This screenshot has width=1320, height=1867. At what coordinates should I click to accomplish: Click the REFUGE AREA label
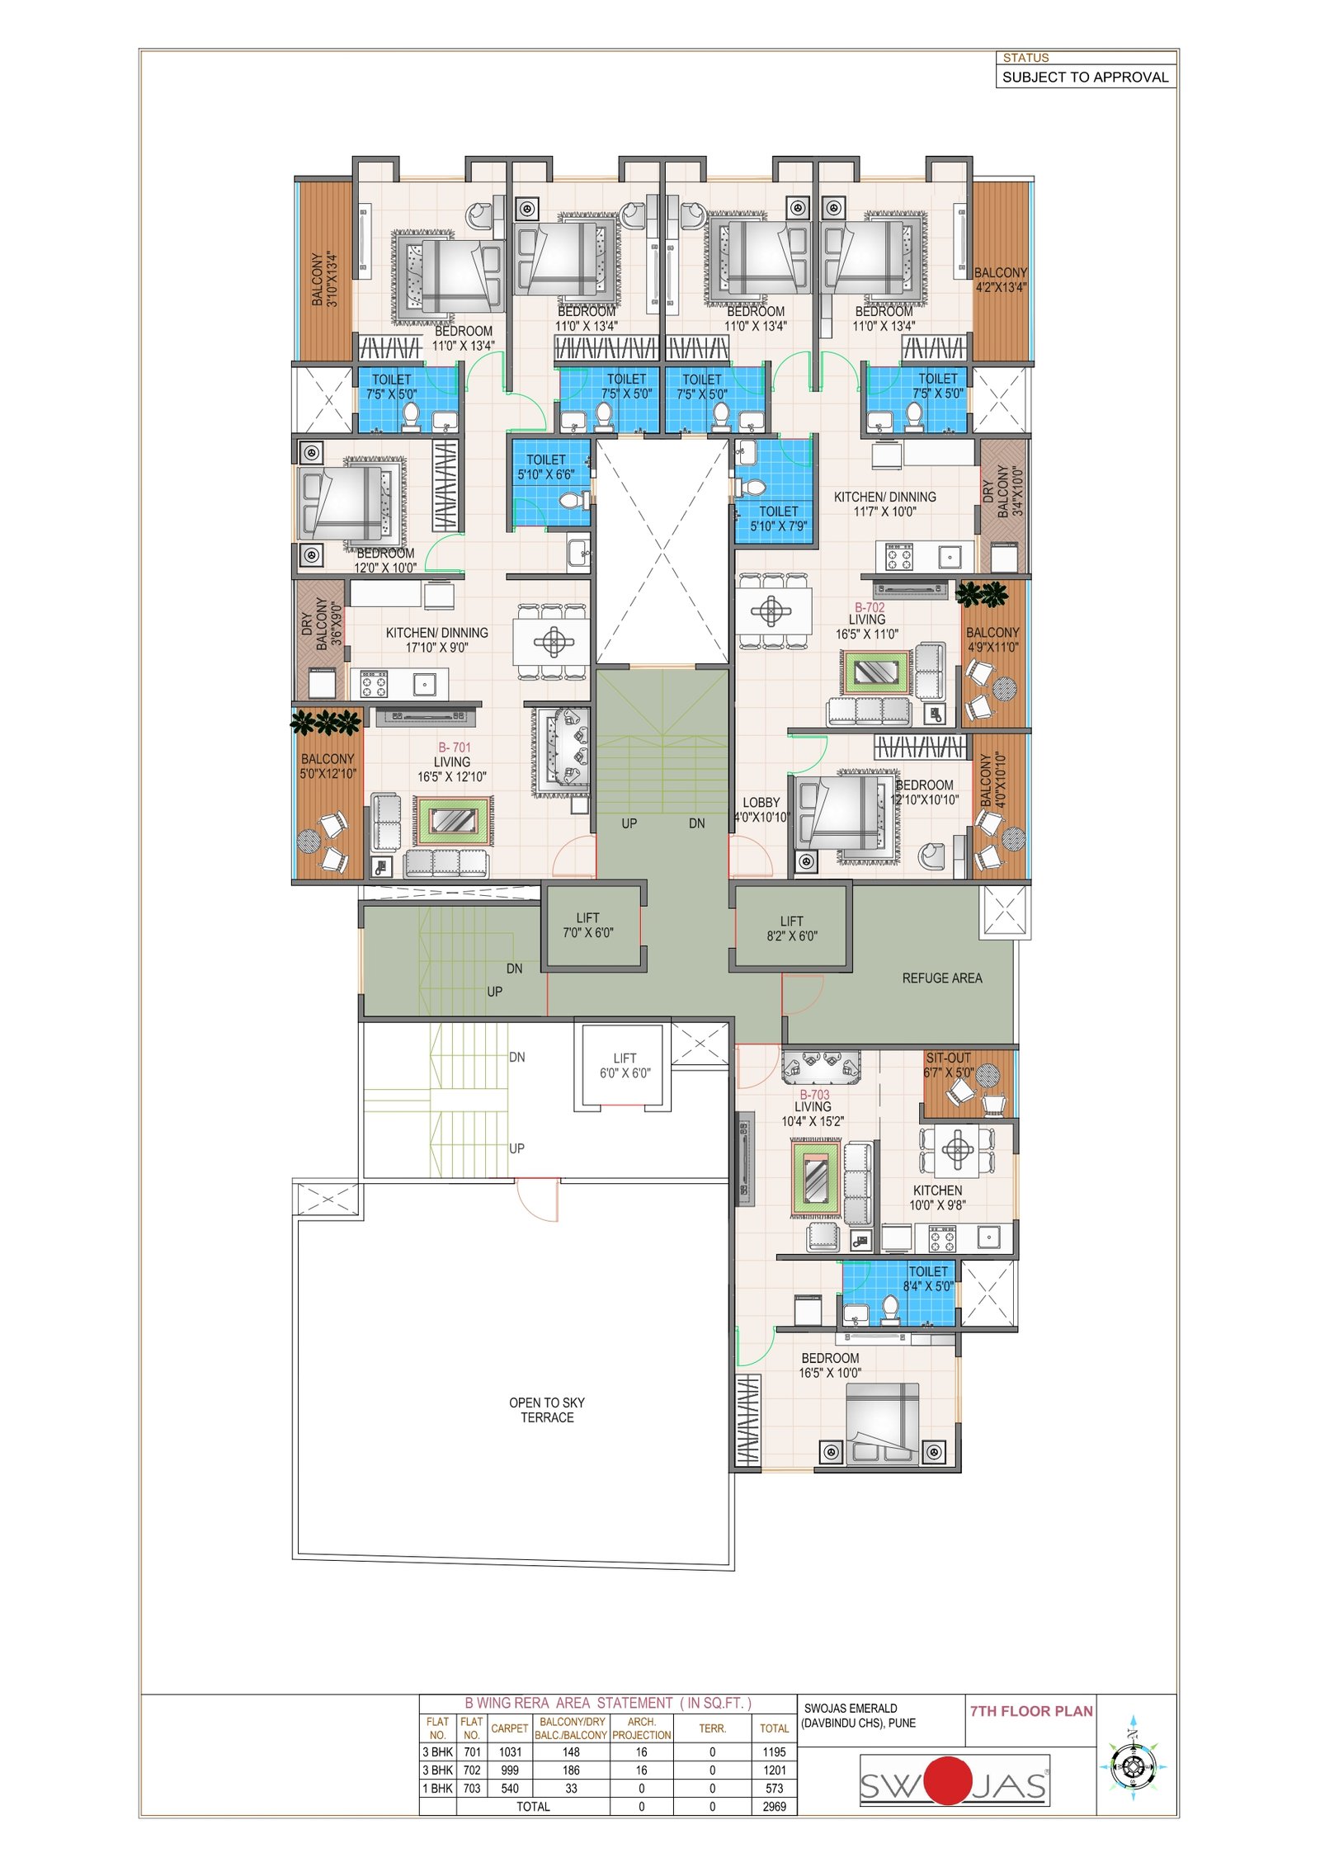click(941, 978)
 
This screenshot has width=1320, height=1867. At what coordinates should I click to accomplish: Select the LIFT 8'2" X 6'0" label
click(791, 928)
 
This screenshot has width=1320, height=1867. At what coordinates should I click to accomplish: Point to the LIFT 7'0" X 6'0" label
click(588, 925)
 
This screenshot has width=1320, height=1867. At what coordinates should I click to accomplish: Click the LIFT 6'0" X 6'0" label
click(625, 1065)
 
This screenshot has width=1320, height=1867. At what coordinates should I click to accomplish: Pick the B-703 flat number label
click(813, 1095)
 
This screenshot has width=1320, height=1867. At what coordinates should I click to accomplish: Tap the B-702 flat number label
click(870, 607)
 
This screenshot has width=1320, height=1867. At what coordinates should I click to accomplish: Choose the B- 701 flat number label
click(455, 747)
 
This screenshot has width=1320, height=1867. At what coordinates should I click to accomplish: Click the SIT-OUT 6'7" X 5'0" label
click(949, 1065)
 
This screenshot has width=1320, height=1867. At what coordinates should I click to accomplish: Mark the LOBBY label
click(761, 802)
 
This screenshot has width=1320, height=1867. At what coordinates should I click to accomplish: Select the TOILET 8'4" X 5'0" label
click(928, 1279)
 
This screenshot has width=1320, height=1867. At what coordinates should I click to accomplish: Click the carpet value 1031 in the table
click(510, 1751)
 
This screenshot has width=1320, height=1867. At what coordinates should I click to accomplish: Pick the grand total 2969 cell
click(774, 1806)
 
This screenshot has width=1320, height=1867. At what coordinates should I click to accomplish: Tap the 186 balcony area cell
click(571, 1770)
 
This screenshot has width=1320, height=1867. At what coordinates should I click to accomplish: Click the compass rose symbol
click(1133, 1766)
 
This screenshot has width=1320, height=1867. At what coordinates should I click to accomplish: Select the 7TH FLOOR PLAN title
click(1031, 1711)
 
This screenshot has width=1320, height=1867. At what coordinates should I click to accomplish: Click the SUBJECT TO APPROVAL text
click(1085, 77)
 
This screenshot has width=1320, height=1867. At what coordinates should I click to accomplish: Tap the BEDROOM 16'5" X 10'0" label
click(830, 1365)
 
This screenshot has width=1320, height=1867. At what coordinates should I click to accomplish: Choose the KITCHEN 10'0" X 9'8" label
click(937, 1197)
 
